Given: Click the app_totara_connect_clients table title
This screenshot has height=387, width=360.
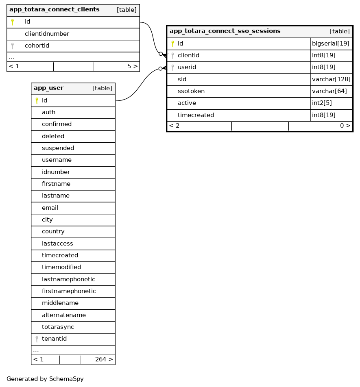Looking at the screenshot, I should (54, 10).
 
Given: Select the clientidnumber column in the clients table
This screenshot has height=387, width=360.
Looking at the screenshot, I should (47, 34).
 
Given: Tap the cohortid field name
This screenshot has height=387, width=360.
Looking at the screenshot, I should (37, 46).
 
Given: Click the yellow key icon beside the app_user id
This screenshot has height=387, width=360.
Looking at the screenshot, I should (37, 100).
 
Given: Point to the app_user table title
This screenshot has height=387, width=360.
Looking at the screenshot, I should (48, 88).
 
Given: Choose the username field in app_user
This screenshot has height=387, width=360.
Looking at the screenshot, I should (57, 160).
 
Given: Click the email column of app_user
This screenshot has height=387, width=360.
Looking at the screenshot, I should (50, 208).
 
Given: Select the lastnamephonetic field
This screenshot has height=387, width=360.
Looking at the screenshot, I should (68, 279).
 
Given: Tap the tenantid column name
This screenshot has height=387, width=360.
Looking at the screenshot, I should (54, 339).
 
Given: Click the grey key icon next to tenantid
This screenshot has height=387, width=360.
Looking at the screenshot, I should (37, 339).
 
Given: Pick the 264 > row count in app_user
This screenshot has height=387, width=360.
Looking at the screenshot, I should (104, 359).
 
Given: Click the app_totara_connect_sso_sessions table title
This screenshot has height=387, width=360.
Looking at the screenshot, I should (225, 31).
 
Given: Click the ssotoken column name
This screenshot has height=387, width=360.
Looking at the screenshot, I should (191, 91).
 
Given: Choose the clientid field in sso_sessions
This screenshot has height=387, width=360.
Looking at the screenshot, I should (188, 55).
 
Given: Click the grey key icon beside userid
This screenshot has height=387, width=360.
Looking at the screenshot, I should (172, 67).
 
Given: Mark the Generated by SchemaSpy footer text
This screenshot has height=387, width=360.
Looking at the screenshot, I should (45, 379).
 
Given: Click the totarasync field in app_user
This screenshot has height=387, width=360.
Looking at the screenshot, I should (58, 327).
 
